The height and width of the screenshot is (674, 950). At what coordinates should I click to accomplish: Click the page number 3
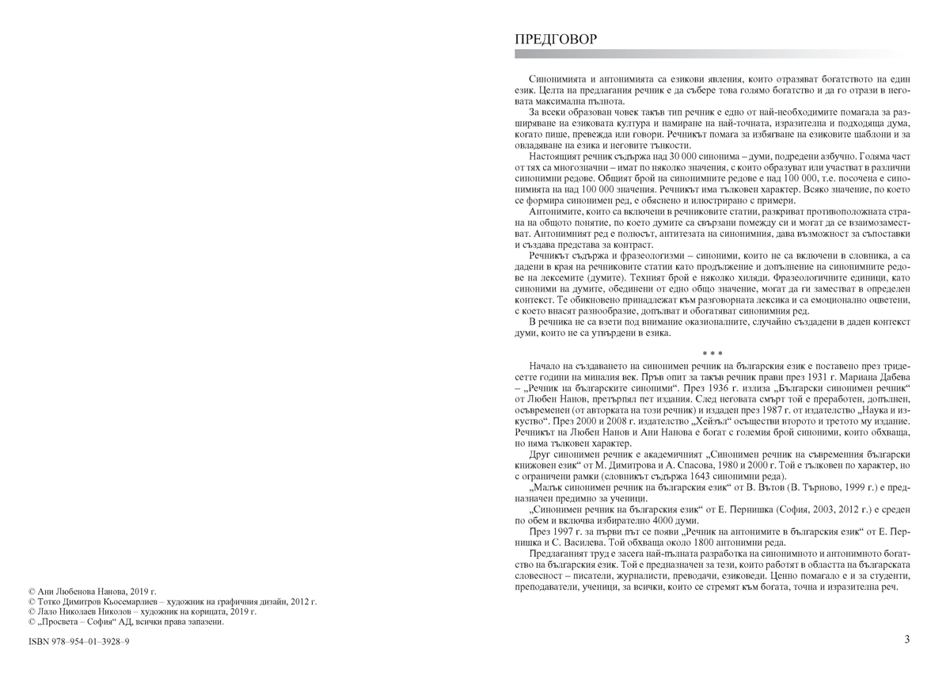tap(906, 640)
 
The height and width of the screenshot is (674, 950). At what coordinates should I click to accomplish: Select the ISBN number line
tap(78, 641)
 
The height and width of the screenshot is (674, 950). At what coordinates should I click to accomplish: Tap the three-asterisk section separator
tap(712, 352)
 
